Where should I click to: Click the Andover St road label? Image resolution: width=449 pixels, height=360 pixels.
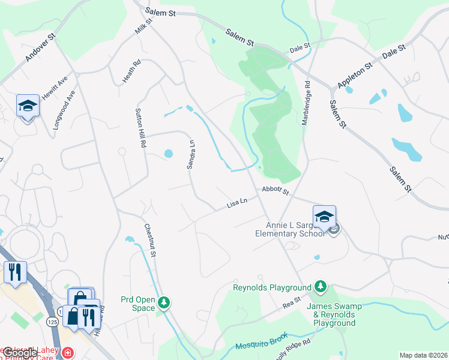click(40, 47)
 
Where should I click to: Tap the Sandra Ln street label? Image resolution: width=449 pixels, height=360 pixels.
click(191, 154)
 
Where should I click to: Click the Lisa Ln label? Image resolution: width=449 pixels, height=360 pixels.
click(237, 204)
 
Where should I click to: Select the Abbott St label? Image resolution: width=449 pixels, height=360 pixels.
click(276, 191)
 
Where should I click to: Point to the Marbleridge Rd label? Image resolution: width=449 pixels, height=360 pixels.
click(307, 103)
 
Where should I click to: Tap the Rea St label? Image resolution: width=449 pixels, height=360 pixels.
click(292, 306)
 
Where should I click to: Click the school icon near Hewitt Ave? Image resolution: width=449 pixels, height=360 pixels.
click(28, 106)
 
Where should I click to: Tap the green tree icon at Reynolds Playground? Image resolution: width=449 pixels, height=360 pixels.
click(321, 287)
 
